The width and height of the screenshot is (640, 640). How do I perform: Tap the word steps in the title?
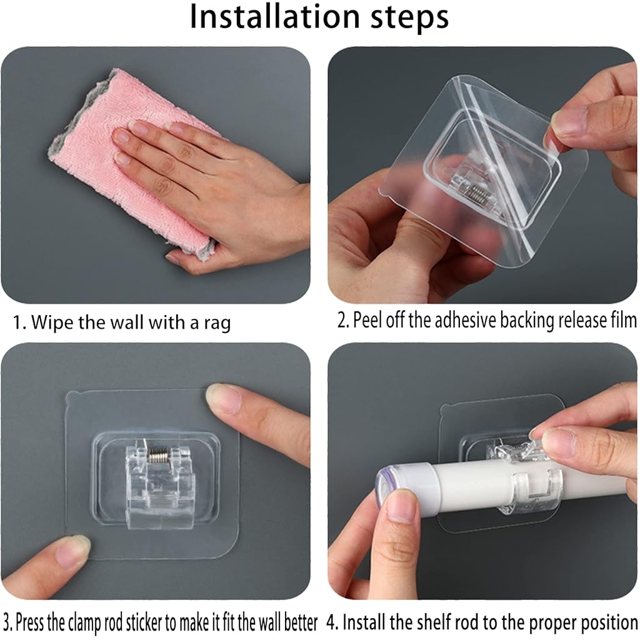click(409, 18)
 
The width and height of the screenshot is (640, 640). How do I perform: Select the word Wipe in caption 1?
click(52, 322)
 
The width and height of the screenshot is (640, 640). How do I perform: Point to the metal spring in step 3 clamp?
click(157, 454)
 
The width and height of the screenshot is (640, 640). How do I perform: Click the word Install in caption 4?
click(364, 622)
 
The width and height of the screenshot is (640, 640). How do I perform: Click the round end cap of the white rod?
click(386, 488)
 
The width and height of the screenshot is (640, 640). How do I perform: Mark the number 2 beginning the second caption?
click(341, 320)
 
